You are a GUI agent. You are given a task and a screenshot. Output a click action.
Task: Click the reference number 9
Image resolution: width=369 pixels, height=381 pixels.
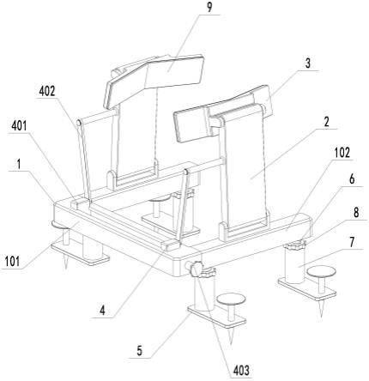pos(209,8)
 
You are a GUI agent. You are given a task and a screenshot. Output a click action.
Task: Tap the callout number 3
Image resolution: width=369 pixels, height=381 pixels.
pos(307,63)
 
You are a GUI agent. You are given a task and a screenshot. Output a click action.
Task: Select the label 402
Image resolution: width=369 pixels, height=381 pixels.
pos(47,91)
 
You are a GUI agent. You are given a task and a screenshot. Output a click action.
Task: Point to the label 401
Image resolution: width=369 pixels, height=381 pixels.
pos(20,125)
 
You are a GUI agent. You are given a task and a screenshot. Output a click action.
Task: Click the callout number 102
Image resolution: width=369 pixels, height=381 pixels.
pos(342,153)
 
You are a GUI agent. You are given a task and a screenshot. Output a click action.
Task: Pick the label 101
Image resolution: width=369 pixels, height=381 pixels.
pos(12,262)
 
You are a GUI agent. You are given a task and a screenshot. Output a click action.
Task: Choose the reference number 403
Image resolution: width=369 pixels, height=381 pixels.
pos(241,371)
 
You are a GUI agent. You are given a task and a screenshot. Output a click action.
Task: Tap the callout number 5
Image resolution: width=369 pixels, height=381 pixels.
pos(139,351)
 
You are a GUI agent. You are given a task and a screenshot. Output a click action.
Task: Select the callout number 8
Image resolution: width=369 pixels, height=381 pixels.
pos(356,213)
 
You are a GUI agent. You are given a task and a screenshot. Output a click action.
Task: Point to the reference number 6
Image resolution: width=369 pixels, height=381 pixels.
pos(352,179)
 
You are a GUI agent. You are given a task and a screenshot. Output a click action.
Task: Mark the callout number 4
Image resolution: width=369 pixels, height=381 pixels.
pos(102,311)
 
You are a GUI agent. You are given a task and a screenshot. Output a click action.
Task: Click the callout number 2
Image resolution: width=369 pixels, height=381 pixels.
pos(326,122)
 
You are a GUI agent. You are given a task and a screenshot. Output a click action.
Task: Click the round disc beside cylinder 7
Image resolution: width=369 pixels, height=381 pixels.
pos(321,272)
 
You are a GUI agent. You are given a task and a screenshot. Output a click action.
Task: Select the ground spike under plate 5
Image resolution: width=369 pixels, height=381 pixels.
pos(231,336)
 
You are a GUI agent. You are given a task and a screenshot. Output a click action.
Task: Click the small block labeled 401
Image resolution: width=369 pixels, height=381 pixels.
pos(79,203)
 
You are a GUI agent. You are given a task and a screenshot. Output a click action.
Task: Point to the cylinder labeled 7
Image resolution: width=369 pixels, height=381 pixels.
pos(294,264)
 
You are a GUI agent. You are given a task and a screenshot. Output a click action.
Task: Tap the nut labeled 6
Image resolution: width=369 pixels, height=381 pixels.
pos(295,245)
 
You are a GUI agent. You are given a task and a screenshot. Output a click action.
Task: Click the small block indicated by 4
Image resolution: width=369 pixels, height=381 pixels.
pos(171,245)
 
